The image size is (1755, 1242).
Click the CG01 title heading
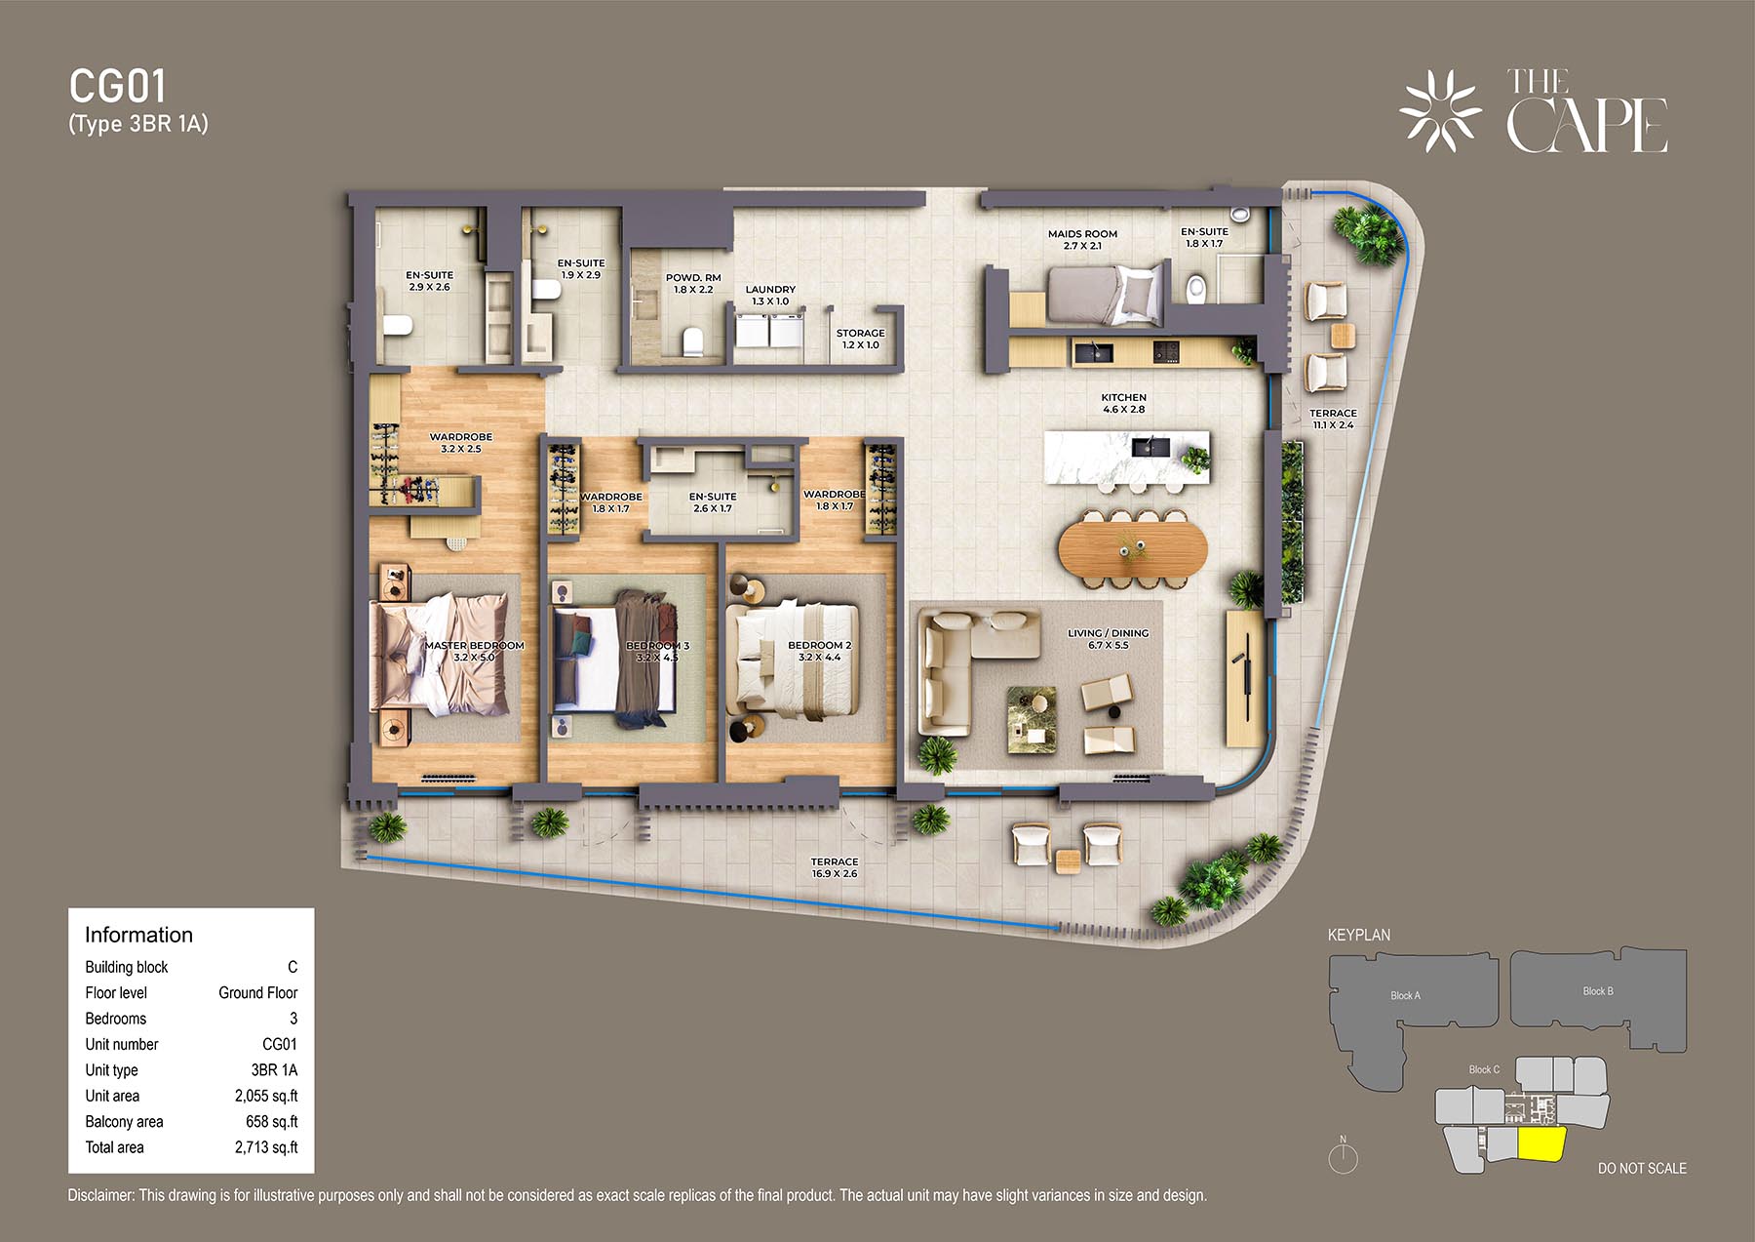[118, 87]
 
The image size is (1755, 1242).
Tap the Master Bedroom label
[474, 651]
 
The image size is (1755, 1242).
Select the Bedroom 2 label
[820, 651]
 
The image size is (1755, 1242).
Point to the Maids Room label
[1082, 239]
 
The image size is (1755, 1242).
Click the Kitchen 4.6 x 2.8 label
[1123, 403]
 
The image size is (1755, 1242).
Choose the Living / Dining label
[1108, 639]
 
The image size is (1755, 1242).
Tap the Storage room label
[860, 339]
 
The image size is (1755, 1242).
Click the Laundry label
[770, 295]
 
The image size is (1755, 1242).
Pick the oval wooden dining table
[1133, 548]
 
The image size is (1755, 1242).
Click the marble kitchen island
[1127, 457]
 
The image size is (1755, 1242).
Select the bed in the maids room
[1106, 293]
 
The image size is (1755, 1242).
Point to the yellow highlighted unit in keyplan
[1540, 1144]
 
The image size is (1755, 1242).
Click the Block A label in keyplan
[1405, 995]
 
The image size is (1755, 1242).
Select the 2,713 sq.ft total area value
[266, 1147]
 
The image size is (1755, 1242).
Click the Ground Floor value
[257, 992]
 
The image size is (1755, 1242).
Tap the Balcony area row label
[124, 1122]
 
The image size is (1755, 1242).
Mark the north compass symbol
[1344, 1155]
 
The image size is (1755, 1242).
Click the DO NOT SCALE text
[1642, 1168]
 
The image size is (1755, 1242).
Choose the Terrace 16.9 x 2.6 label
[835, 867]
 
